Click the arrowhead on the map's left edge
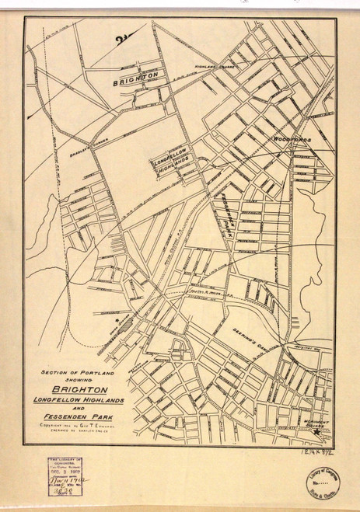point(29,115)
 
